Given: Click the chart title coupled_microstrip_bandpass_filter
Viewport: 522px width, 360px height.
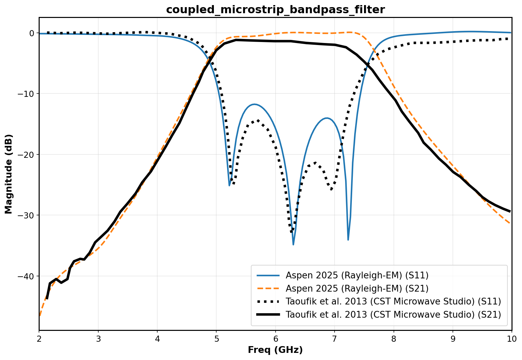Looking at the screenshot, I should click(x=275, y=10).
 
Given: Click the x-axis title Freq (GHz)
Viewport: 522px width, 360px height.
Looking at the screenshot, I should click(x=275, y=350).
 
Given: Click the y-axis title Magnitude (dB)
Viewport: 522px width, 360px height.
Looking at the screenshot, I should click(x=9, y=174).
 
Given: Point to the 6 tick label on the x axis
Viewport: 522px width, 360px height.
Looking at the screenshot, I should click(x=275, y=339).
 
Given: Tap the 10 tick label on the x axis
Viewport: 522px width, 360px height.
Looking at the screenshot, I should click(x=511, y=339).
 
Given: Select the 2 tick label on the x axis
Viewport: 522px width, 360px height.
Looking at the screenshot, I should click(x=39, y=339).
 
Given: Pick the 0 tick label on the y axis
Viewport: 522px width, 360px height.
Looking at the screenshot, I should click(x=32, y=33).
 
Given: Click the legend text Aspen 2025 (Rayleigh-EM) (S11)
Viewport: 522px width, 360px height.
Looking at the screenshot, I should click(x=357, y=275).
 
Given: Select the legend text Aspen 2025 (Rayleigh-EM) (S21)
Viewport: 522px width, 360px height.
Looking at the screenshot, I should click(x=357, y=289).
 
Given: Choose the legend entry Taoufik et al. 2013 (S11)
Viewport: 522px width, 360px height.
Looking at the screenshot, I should click(x=393, y=301).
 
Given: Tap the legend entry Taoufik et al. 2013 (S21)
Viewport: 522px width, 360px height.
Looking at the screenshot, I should click(x=393, y=315).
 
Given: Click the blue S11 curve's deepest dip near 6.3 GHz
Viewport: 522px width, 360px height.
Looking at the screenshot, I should click(x=293, y=244).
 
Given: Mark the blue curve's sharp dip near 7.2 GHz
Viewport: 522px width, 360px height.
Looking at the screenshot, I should click(x=348, y=240).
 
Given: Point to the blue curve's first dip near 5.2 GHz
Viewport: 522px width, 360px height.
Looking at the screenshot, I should click(x=229, y=185).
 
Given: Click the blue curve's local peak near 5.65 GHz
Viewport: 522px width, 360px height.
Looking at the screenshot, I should click(x=255, y=104).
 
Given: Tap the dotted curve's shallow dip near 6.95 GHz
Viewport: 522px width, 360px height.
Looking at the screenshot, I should click(x=331, y=189).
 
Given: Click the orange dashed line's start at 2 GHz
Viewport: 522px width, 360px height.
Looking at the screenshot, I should click(x=40, y=316).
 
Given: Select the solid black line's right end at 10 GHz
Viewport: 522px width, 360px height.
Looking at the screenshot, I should click(x=511, y=212).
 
